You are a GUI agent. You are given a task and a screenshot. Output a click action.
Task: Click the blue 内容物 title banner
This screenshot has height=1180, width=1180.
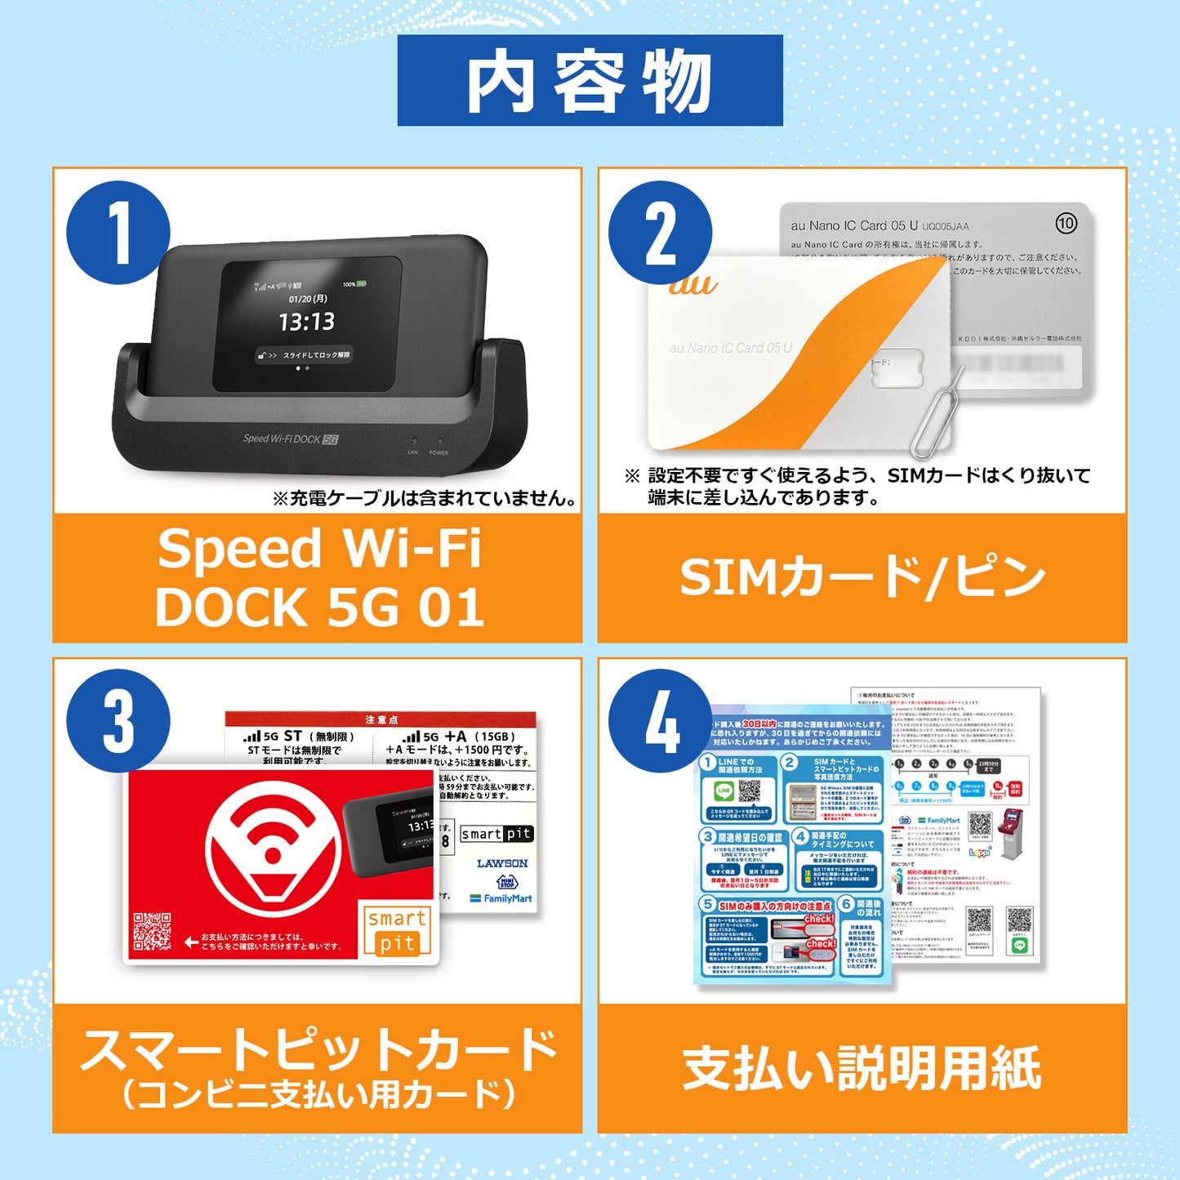tap(590, 81)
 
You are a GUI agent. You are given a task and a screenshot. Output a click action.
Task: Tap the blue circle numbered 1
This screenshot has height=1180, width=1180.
tap(118, 233)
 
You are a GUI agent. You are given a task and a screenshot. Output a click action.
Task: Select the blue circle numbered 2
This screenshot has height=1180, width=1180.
tap(660, 233)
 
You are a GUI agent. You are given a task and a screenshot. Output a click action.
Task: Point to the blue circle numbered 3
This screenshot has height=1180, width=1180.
tap(118, 721)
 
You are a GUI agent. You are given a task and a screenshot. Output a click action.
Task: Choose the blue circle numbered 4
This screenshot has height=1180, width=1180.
tap(660, 721)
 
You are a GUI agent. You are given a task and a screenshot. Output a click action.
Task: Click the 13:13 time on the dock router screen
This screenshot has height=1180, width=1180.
tap(307, 322)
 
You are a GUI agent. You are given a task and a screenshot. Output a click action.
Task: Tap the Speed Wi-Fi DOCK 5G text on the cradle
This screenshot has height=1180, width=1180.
tap(290, 439)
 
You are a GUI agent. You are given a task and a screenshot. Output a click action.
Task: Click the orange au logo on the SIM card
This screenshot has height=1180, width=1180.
tap(692, 285)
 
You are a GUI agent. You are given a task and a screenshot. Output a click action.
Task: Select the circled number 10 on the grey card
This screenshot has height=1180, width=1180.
tap(1066, 223)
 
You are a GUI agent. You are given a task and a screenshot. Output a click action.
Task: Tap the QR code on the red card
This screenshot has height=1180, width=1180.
tap(152, 932)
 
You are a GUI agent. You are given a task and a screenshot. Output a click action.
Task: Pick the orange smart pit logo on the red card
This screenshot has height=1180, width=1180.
tap(396, 931)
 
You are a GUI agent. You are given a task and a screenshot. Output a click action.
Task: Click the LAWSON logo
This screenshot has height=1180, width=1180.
tap(502, 863)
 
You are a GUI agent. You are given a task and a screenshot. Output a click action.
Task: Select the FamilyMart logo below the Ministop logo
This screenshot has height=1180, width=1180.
tap(501, 898)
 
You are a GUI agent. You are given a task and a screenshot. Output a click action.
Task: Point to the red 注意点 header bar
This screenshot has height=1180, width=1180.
tap(381, 719)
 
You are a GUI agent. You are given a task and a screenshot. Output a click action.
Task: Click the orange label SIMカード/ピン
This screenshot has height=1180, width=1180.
tap(862, 577)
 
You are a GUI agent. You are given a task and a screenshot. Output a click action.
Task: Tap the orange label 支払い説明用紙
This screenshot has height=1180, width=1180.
tap(862, 1067)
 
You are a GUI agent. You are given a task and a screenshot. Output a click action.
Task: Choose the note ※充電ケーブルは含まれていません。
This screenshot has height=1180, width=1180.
tap(425, 498)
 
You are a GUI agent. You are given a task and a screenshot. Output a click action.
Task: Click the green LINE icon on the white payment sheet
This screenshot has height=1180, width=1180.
tap(1019, 945)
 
